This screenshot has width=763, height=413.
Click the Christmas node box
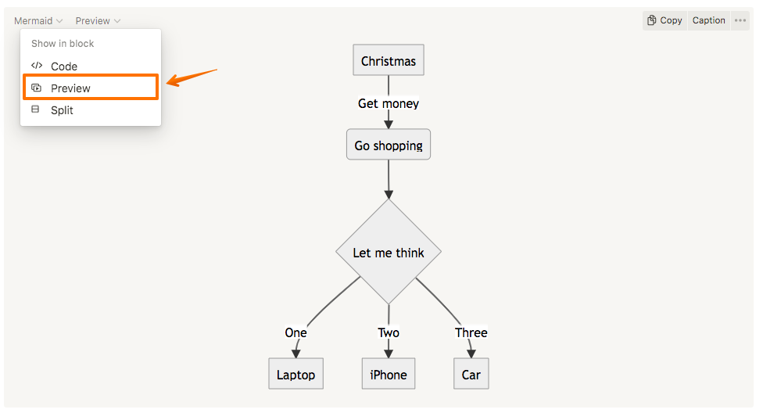click(389, 61)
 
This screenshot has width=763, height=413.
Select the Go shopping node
click(389, 145)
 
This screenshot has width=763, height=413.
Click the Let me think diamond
click(389, 252)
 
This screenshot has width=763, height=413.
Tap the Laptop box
click(296, 375)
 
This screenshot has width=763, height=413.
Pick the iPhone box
click(389, 375)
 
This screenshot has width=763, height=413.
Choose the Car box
click(471, 375)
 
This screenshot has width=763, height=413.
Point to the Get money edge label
click(389, 103)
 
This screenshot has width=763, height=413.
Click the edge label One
click(296, 332)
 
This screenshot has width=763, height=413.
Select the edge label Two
click(389, 332)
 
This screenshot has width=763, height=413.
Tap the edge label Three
click(471, 332)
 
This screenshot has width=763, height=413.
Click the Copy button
click(664, 20)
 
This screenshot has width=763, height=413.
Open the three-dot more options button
click(740, 20)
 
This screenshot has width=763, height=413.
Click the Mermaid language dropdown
click(38, 21)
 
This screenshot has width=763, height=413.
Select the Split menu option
click(62, 110)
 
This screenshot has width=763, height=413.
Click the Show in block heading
click(63, 44)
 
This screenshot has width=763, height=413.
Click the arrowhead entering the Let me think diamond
click(389, 193)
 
